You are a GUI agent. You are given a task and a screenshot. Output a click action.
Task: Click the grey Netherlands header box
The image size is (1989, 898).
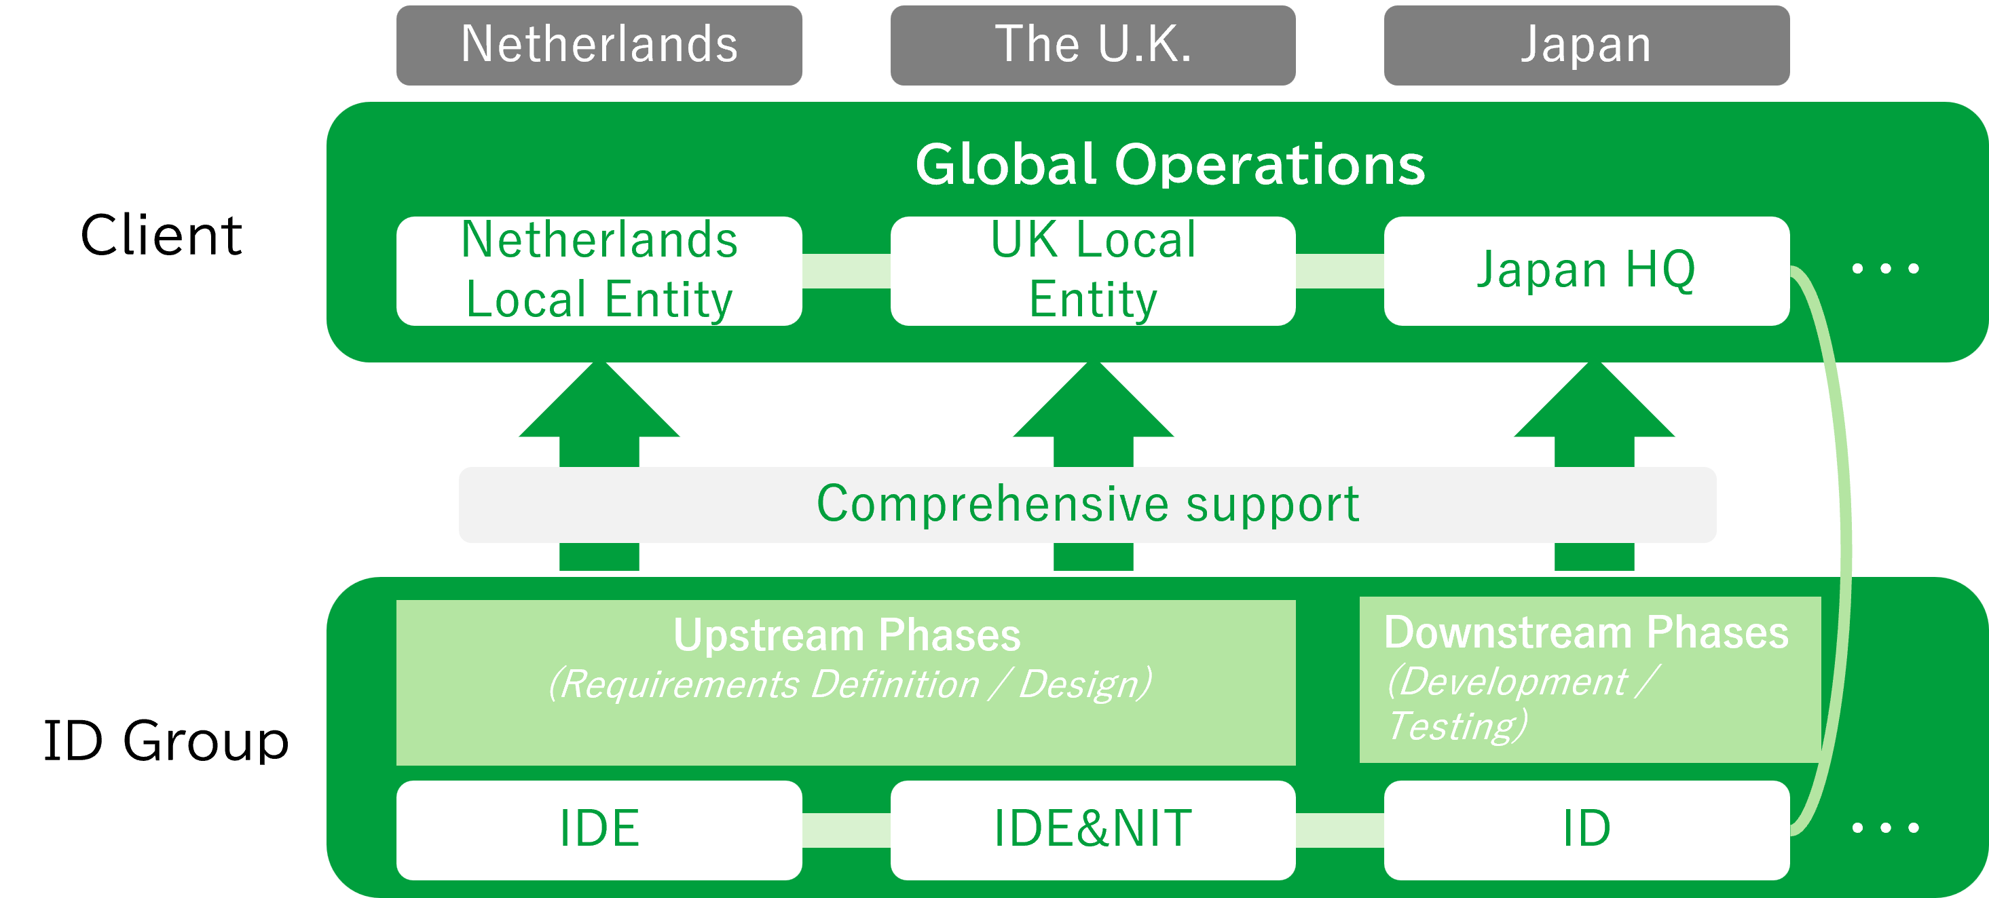pos(599,45)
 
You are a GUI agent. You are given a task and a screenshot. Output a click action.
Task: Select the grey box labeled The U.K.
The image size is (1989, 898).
pos(1092,45)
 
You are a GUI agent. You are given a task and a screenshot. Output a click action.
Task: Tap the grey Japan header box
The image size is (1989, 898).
pos(1586,45)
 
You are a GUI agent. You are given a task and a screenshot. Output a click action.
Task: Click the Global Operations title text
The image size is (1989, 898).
pos(1170,164)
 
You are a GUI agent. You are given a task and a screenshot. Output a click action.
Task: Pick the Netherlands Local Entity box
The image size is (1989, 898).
pos(599,270)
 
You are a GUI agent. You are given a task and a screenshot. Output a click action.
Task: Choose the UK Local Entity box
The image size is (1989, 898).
pos(1092,270)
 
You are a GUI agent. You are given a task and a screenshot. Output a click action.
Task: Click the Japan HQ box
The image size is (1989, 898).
pos(1586,270)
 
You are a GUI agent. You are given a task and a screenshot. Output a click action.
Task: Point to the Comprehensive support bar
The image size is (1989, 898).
pos(1087,504)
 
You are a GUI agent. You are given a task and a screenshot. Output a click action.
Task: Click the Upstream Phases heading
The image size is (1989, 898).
pos(847,635)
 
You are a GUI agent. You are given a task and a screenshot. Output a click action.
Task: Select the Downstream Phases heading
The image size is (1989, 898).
pos(1586,633)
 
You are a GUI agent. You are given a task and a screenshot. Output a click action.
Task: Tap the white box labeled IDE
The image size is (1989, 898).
pos(599,829)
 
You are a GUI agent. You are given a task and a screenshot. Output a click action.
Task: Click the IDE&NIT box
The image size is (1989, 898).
pos(1092,829)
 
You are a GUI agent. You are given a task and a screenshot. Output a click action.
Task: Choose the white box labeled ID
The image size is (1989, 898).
pos(1586,829)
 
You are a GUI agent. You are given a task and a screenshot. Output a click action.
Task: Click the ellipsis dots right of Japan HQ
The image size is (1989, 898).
pos(1886,269)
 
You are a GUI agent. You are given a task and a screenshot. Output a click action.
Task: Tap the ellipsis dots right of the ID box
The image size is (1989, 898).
pos(1886,827)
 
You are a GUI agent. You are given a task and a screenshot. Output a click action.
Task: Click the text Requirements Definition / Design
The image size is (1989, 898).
pos(849,684)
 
